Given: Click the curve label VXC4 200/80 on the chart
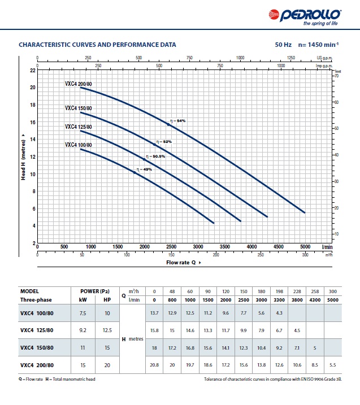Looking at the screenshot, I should point(78,84).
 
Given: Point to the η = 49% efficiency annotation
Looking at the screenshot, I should point(144,169).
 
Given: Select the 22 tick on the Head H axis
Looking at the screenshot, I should point(32,70).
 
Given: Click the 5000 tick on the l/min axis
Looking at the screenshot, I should point(305,247).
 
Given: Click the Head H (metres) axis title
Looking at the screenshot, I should point(23,158).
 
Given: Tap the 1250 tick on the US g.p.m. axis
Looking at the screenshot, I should point(292,58).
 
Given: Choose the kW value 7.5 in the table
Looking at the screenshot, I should point(83,312).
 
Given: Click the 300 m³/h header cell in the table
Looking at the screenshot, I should point(333,290).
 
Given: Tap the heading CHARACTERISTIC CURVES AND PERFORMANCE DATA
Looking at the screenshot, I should point(97,44).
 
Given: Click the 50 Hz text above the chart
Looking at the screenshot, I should point(283,44).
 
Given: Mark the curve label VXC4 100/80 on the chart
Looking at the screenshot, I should point(78,145).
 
